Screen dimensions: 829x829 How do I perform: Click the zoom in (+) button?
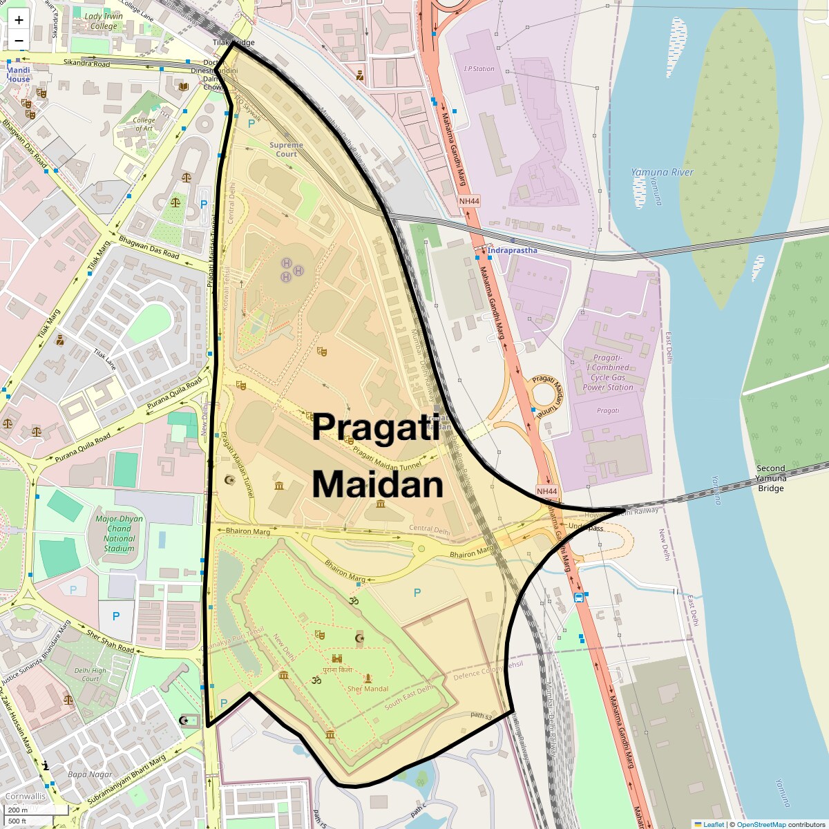(x=19, y=20)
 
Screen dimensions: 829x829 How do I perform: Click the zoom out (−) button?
(x=19, y=41)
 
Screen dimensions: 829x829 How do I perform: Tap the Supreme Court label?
(x=286, y=149)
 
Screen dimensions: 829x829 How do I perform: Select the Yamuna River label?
(x=662, y=172)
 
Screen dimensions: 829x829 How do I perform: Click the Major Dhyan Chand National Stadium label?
(x=120, y=533)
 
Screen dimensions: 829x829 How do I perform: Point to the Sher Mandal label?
(x=368, y=689)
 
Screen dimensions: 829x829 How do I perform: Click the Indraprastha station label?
(x=512, y=250)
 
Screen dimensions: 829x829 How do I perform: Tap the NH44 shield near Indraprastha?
(x=468, y=201)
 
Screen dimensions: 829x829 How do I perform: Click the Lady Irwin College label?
(x=104, y=21)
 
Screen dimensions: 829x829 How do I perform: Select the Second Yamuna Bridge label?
(x=770, y=478)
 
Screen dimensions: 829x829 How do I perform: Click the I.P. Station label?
(x=479, y=69)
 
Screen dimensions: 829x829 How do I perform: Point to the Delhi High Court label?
(x=90, y=674)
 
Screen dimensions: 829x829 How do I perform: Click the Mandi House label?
(x=19, y=75)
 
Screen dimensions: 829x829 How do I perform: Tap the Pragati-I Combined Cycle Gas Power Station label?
(x=608, y=372)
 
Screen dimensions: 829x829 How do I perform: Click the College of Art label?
(x=144, y=124)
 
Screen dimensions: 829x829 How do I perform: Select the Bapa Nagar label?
(x=90, y=774)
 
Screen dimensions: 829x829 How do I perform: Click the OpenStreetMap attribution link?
(x=761, y=824)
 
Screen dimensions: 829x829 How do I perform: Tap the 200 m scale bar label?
(x=18, y=810)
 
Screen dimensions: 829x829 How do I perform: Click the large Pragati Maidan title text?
(x=377, y=456)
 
